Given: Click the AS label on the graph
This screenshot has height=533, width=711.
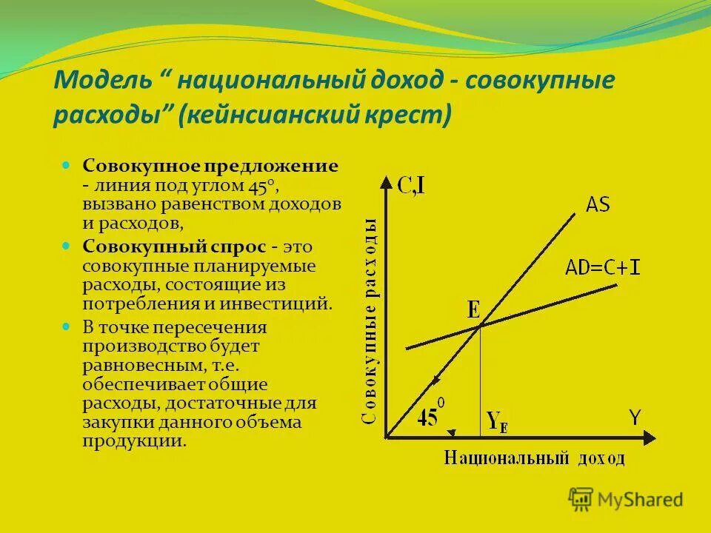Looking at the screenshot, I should tap(598, 204).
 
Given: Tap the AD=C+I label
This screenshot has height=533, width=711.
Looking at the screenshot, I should tap(603, 267).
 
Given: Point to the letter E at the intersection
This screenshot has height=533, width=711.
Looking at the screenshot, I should tap(473, 309).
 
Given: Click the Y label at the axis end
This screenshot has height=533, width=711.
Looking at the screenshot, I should tap(635, 418).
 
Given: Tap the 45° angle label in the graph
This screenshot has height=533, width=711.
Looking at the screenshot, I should tap(430, 418).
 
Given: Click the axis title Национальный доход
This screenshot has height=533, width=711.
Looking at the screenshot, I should tap(534, 457).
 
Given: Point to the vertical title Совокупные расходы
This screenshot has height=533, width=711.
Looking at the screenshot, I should tap(370, 322).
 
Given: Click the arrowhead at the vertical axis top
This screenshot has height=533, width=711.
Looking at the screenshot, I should tap(387, 180).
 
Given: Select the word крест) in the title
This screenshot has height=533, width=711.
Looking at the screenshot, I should tap(415, 115).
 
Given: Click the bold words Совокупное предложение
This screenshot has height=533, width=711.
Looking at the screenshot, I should tap(210, 165).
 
